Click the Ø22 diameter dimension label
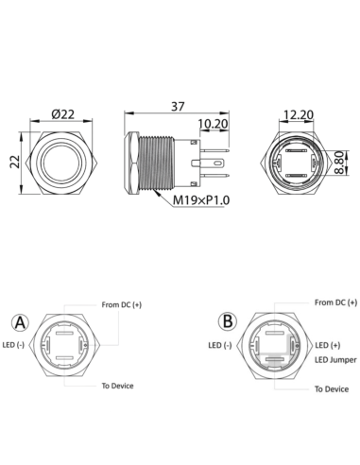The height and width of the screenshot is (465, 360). [x=63, y=113]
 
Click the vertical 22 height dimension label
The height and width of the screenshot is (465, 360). [x=14, y=161]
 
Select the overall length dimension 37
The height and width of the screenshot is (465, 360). [x=177, y=106]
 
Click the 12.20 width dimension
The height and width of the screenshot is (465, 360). [x=297, y=113]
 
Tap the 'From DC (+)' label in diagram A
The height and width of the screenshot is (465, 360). [x=121, y=305]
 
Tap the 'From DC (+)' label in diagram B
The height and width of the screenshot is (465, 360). [x=335, y=302]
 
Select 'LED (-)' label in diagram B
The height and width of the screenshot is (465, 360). [x=218, y=346]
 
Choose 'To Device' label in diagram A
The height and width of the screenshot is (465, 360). [x=118, y=387]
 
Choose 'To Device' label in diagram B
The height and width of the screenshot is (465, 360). [x=332, y=388]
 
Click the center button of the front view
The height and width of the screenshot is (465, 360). [x=63, y=162]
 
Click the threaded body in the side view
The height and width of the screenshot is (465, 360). [x=168, y=162]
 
